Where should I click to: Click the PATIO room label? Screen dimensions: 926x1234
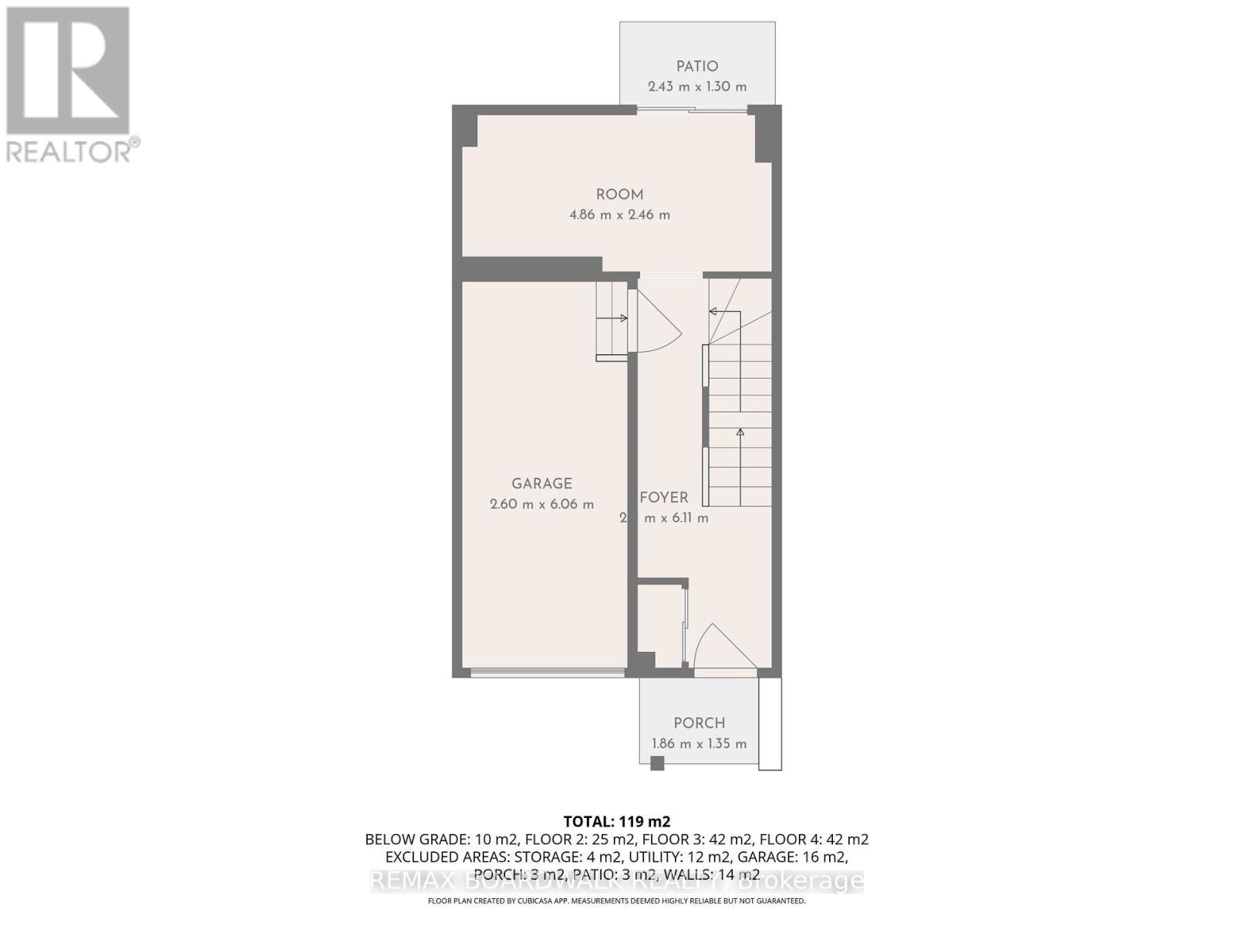point(697,66)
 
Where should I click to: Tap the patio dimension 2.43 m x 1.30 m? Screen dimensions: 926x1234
point(697,86)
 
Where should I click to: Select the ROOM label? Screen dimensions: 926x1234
point(619,194)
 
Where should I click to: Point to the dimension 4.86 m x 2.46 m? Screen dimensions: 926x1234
point(619,215)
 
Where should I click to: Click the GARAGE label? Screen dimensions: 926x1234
point(541,484)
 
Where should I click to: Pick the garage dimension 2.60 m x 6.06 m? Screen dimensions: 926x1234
point(541,504)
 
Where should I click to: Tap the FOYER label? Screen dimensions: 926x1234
point(663,498)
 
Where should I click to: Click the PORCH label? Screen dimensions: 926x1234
point(699,723)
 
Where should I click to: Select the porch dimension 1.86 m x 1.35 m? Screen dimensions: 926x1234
point(699,744)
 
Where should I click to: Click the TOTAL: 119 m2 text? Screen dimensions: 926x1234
point(616,821)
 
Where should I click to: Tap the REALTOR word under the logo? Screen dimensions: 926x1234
point(69,151)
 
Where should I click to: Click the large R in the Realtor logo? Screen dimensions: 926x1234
point(68,69)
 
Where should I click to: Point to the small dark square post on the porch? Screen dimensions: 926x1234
point(656,764)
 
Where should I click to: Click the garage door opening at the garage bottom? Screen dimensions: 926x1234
point(547,673)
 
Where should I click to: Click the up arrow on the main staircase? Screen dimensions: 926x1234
point(740,434)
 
